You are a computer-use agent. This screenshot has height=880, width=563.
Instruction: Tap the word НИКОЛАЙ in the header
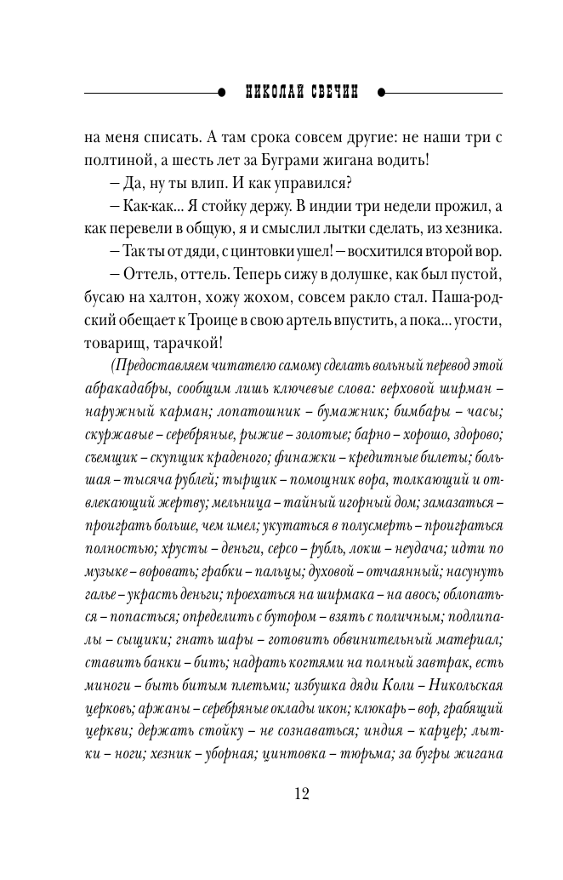270,91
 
